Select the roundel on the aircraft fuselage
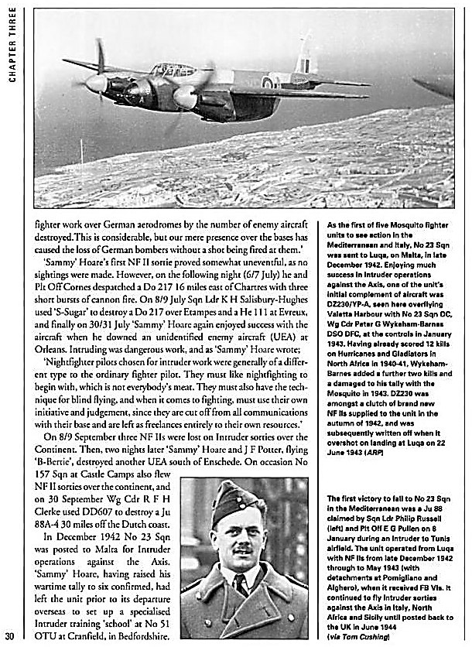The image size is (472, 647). pyautogui.click(x=272, y=80)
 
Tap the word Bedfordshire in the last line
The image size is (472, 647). pyautogui.click(x=139, y=636)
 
